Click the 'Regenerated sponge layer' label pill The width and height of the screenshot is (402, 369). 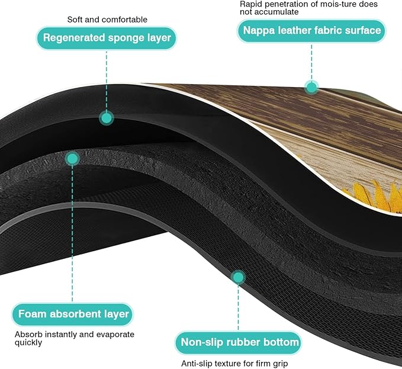point(107,38)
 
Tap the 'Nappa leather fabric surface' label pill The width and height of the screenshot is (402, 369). point(311,31)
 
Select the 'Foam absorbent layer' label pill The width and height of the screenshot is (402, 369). point(73,314)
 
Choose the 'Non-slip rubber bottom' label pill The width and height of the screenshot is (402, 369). point(239,342)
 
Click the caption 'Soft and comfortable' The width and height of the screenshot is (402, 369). point(107,20)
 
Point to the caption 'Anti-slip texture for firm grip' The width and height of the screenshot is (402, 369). point(234,363)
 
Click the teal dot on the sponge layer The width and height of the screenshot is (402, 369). point(107,118)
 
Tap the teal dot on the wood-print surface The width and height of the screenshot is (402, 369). point(311,88)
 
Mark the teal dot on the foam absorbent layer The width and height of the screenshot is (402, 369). point(72,159)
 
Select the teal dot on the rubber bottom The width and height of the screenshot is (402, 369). point(238,277)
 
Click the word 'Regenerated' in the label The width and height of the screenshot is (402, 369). point(74,38)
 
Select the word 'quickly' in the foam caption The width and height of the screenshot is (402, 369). point(28,343)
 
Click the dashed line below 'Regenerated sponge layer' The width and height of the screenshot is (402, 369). point(107,81)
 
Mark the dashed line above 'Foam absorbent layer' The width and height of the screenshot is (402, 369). point(72,234)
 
